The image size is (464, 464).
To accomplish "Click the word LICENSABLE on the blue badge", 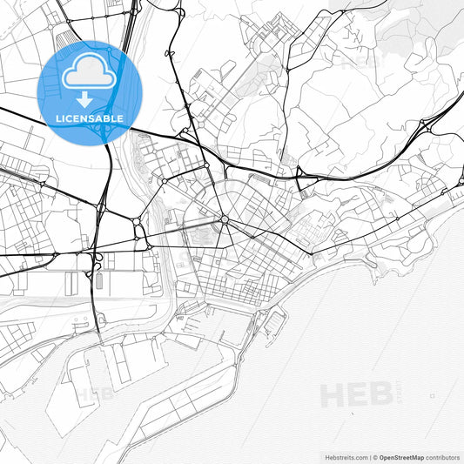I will click(89, 118).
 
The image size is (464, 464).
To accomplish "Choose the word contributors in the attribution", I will click(443, 456).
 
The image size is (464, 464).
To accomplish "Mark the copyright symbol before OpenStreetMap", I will click(374, 456).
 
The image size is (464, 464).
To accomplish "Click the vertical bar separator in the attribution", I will click(368, 456).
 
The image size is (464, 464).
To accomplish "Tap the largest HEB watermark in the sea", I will click(357, 395).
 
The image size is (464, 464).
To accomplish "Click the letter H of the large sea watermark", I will click(333, 395).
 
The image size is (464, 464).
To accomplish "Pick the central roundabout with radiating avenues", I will click(224, 219).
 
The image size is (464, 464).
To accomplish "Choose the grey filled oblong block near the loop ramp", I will click(98, 281).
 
